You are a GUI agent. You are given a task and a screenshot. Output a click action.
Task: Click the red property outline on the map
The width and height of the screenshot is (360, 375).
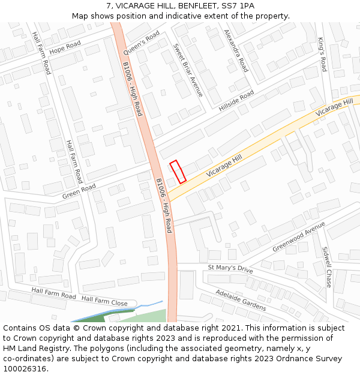coord(178,171)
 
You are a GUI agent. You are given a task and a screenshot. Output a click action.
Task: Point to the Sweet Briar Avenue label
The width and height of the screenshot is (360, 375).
coord(188,70)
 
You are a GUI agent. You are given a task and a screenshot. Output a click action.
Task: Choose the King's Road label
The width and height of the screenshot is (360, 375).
coord(322,55)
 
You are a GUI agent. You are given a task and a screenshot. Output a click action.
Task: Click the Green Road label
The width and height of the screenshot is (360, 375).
coord(79,191)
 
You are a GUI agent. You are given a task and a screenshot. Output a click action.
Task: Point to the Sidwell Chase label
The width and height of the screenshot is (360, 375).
coord(326,266)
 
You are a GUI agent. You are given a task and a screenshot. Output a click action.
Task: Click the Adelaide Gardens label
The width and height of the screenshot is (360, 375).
coord(241,298)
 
